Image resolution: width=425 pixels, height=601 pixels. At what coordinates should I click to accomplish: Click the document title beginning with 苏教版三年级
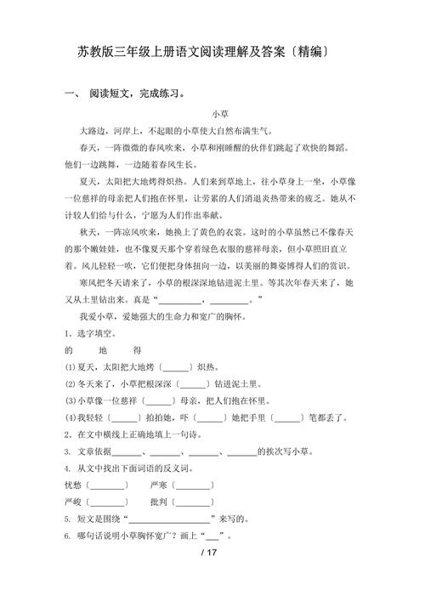point(212,53)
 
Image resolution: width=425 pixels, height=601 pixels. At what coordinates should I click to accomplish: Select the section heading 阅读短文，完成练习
point(137,93)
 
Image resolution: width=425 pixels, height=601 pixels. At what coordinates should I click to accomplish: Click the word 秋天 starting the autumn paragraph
point(88,231)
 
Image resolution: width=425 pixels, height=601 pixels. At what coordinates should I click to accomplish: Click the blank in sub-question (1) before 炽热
point(175,367)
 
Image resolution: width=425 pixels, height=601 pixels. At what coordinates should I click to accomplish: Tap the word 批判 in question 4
point(158,502)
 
